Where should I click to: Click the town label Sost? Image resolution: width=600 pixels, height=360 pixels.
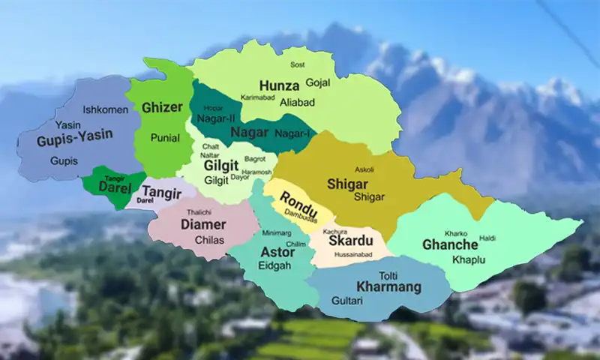tap(298, 65)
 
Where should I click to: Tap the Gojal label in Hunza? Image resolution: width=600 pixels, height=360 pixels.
tap(318, 82)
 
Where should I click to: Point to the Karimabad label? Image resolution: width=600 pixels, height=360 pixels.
tap(258, 97)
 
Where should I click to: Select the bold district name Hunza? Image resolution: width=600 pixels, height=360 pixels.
tap(278, 85)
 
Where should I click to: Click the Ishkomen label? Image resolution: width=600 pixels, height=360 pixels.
tap(105, 109)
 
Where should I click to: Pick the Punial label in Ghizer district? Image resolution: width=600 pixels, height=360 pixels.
tap(165, 138)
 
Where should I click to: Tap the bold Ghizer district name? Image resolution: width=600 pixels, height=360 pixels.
tap(162, 107)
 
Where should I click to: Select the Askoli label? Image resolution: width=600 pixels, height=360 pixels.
tap(363, 169)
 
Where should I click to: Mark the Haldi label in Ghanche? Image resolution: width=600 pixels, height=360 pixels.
tap(487, 238)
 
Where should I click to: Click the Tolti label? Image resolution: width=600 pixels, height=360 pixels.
tap(388, 275)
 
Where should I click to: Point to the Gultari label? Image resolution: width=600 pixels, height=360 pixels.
tap(346, 300)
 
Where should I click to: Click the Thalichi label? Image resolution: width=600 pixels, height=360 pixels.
tap(199, 212)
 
